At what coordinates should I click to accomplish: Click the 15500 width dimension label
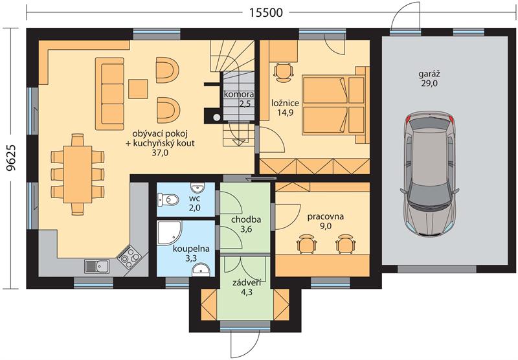(x=266, y=12)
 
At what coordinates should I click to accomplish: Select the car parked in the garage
(x=429, y=175)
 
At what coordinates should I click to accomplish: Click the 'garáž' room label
(x=429, y=74)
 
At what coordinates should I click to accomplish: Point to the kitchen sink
(x=96, y=266)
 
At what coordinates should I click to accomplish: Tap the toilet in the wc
(x=168, y=200)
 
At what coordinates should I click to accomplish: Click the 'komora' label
(x=239, y=95)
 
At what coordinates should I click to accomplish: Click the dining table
(x=78, y=174)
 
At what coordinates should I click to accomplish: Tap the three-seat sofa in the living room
(x=109, y=94)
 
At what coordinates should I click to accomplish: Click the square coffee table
(x=138, y=89)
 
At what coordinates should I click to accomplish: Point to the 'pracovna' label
(x=326, y=217)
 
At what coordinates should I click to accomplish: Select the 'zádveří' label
(x=247, y=283)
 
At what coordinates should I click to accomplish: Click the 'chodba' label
(x=246, y=219)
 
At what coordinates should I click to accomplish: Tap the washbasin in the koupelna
(x=201, y=270)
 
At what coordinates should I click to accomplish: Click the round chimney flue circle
(x=217, y=117)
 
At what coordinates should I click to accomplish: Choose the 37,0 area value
(x=160, y=153)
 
